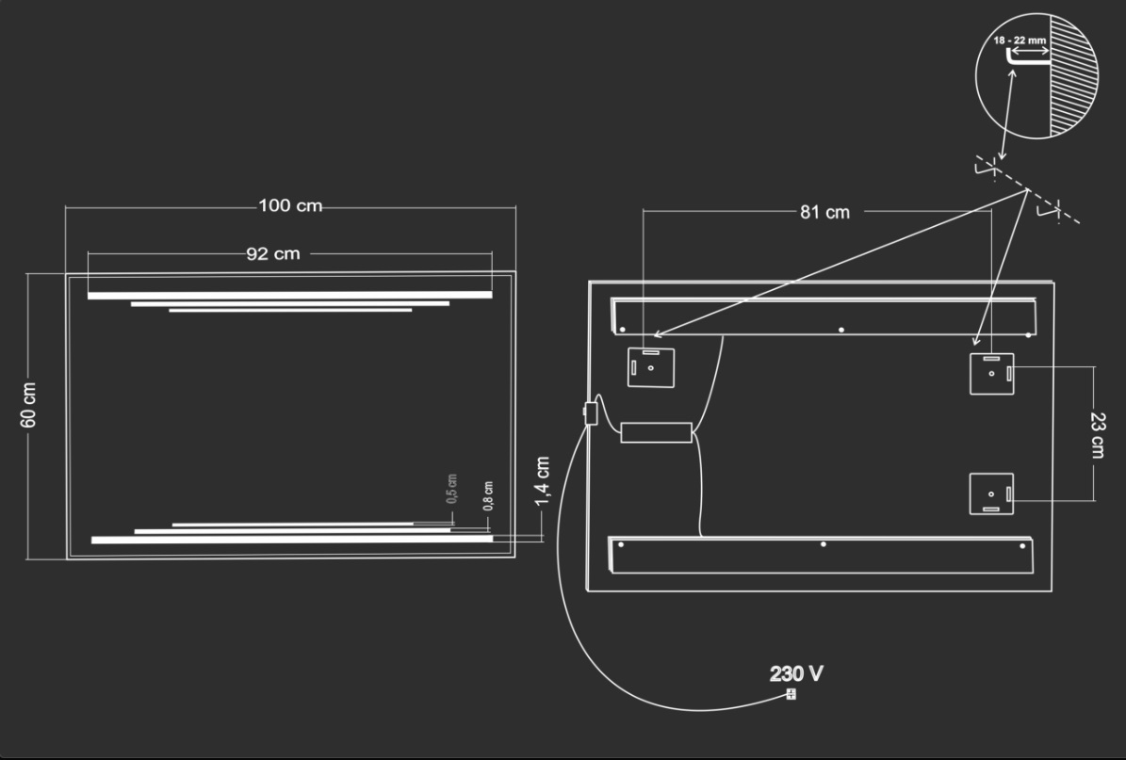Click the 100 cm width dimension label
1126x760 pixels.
tap(290, 206)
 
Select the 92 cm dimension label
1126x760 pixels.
tap(273, 254)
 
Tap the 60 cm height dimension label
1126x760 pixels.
tap(28, 405)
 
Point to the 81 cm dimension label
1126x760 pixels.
tap(824, 213)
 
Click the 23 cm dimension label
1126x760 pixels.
tap(1098, 435)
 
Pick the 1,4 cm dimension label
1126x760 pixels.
tap(543, 480)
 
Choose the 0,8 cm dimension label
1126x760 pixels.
tap(488, 496)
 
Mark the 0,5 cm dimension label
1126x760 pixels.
tap(451, 489)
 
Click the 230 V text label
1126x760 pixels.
tap(796, 674)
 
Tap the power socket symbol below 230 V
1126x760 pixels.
tap(791, 694)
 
